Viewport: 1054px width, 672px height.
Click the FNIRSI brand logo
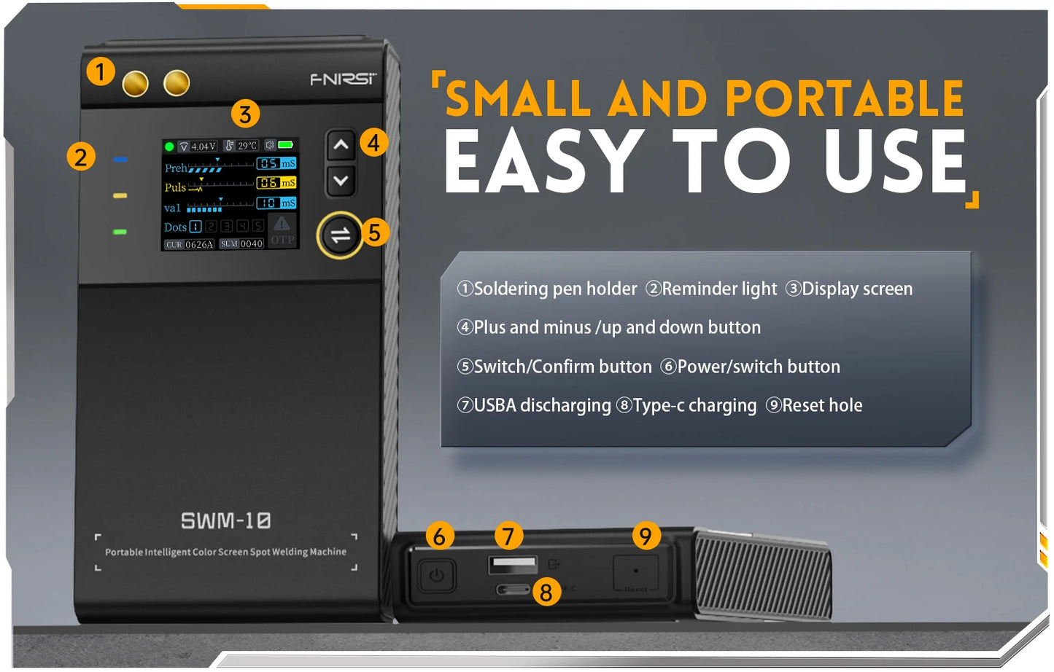(343, 79)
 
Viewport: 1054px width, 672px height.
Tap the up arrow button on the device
(341, 145)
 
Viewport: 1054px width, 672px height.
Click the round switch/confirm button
(341, 235)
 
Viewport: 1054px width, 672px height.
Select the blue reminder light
(121, 159)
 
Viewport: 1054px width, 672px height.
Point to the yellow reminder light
(120, 195)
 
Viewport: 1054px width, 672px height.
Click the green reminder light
(120, 232)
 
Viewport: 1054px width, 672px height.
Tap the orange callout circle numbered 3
(245, 114)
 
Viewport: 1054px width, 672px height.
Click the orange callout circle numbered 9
(645, 536)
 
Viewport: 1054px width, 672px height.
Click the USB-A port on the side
(513, 563)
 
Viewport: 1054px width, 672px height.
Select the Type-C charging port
(514, 589)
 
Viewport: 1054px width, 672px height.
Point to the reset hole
(636, 571)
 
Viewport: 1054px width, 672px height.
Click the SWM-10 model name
(225, 520)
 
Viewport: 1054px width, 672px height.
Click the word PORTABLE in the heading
(844, 98)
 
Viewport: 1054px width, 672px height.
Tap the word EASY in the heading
(543, 162)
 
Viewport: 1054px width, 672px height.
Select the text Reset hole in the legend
(822, 405)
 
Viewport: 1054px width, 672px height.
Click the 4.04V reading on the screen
(203, 146)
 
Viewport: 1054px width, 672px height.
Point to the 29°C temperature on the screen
(247, 146)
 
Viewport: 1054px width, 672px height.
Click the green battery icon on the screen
(285, 145)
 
